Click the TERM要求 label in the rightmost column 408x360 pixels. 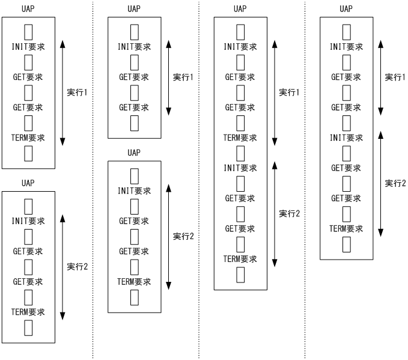[347, 228]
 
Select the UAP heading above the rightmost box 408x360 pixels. [346, 8]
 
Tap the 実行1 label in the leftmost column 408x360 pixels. [78, 92]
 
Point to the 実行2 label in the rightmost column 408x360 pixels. [395, 183]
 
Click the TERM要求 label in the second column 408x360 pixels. [134, 281]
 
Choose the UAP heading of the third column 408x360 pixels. [240, 8]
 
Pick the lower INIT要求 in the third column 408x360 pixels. [240, 167]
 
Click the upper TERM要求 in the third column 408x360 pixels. [240, 138]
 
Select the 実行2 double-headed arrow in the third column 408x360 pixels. [275, 213]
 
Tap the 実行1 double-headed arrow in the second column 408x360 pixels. [168, 77]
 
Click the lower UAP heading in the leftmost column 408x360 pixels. [28, 182]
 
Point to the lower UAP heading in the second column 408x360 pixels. [134, 152]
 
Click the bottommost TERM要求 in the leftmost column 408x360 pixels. [28, 311]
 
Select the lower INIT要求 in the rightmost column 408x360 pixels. [347, 138]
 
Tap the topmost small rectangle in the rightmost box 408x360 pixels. [346, 31]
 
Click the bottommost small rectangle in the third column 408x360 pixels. [240, 275]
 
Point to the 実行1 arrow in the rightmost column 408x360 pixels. [380, 77]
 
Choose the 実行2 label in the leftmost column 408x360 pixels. [78, 266]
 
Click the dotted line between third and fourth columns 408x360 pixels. [305, 180]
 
